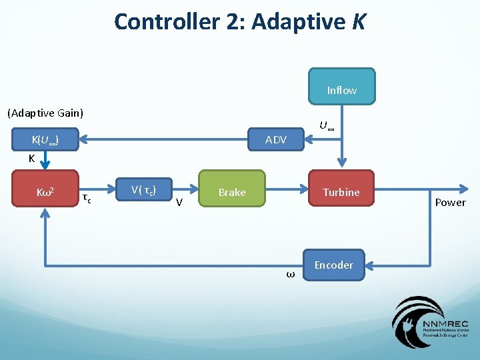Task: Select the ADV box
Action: coord(275,139)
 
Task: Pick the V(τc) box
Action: coord(143,190)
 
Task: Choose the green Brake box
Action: coord(232,192)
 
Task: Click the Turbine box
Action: coord(341,192)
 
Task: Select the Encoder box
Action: coord(333,265)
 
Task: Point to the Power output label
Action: coord(450,203)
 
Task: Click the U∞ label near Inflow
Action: coord(326,125)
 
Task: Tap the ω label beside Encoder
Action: coord(290,273)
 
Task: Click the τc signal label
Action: coord(87,198)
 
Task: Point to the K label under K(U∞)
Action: coord(31,159)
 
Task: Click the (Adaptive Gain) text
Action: coord(45,113)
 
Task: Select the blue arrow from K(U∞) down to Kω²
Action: coord(45,160)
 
